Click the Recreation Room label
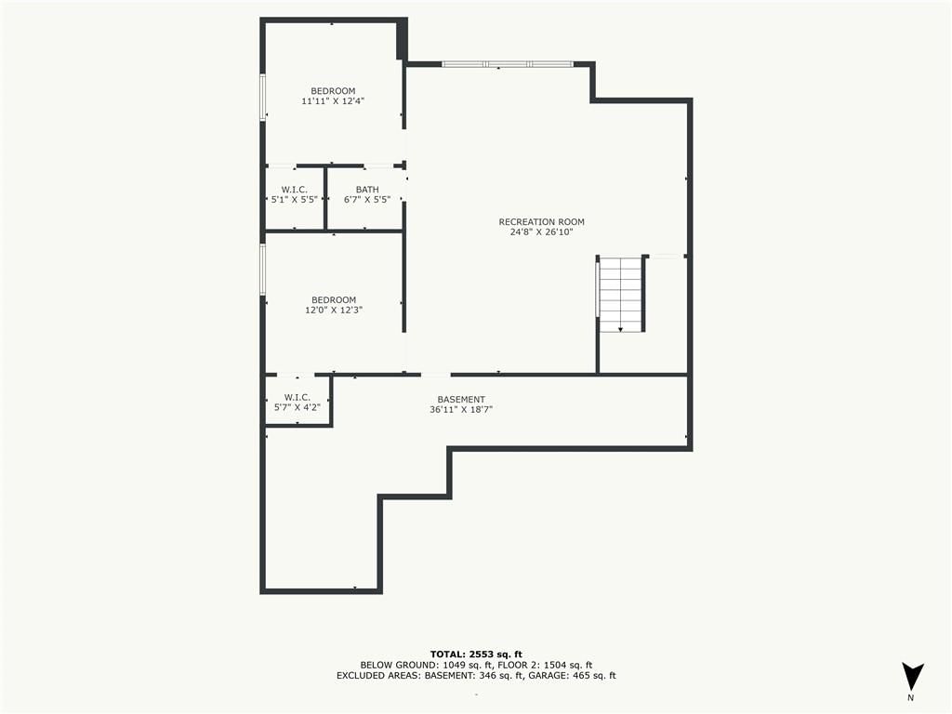pos(542,221)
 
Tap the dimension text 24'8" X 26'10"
pos(542,231)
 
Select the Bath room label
pos(367,190)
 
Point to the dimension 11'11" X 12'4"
pos(333,100)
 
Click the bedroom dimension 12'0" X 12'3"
pos(334,310)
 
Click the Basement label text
pos(461,400)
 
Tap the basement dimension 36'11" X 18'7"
pos(461,409)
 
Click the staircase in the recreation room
pos(620,294)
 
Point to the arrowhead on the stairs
pos(620,329)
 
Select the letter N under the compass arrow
pos(910,698)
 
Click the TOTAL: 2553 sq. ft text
pos(476,654)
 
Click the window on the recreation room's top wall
pos(507,64)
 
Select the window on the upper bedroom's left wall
pos(263,97)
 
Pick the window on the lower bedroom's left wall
pos(263,270)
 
